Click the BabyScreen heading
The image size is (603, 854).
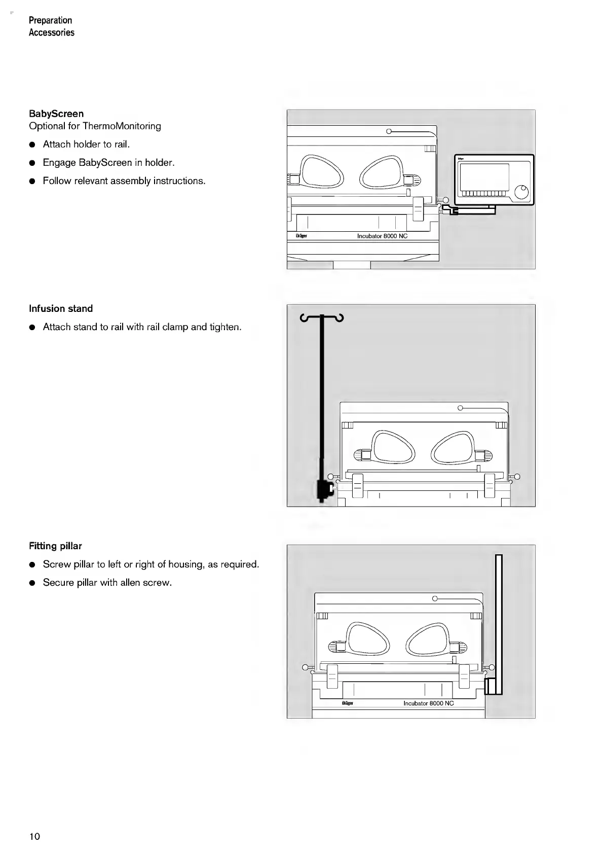pos(56,114)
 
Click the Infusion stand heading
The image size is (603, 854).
pos(61,308)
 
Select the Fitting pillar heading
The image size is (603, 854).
pos(55,546)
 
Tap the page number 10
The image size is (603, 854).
pos(34,836)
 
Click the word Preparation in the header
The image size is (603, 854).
pos(50,20)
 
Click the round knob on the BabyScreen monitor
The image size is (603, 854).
pos(521,192)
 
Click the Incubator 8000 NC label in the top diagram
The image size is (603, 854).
pos(382,236)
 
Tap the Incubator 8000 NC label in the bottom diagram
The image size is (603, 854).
pos(428,703)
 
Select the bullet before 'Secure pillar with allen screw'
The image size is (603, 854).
pos(32,583)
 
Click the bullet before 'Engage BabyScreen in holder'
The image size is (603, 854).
pos(32,163)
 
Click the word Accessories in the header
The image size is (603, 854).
pos(52,32)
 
